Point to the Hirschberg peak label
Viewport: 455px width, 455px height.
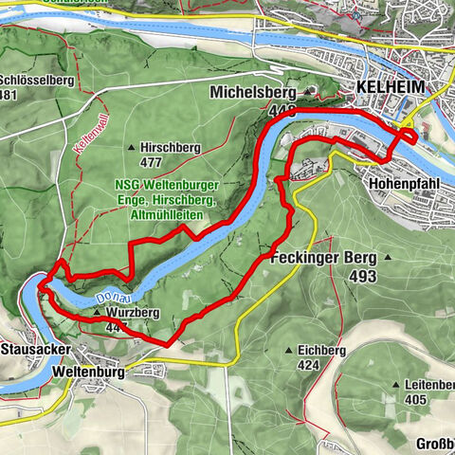173,149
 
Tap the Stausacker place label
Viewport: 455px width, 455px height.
31,349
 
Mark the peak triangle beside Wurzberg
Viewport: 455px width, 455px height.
96,311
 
